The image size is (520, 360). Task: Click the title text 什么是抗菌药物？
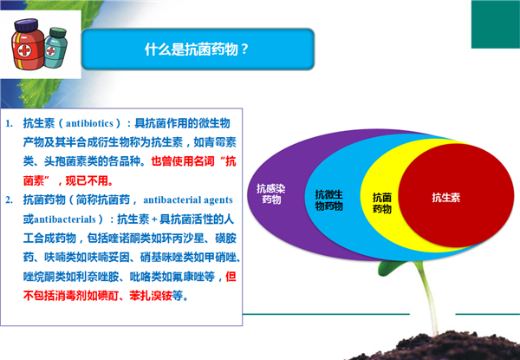[x=197, y=49]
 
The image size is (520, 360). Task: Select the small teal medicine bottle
[x=55, y=48]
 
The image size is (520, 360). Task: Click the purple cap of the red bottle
[x=26, y=25]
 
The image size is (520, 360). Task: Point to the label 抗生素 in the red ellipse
[x=446, y=198]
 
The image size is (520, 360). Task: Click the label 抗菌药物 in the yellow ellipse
[x=382, y=203]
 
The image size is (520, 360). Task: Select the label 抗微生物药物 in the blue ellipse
[x=328, y=200]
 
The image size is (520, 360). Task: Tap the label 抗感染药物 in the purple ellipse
[x=271, y=193]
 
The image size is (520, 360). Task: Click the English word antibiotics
[x=89, y=123]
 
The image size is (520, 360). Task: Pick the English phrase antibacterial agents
[x=188, y=200]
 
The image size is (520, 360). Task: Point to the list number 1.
[x=9, y=124]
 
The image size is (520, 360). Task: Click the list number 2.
[x=9, y=200]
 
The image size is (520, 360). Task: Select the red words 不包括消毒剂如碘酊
[x=71, y=295]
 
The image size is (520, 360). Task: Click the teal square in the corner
[x=496, y=24]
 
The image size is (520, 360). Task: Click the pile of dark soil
[x=438, y=346]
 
